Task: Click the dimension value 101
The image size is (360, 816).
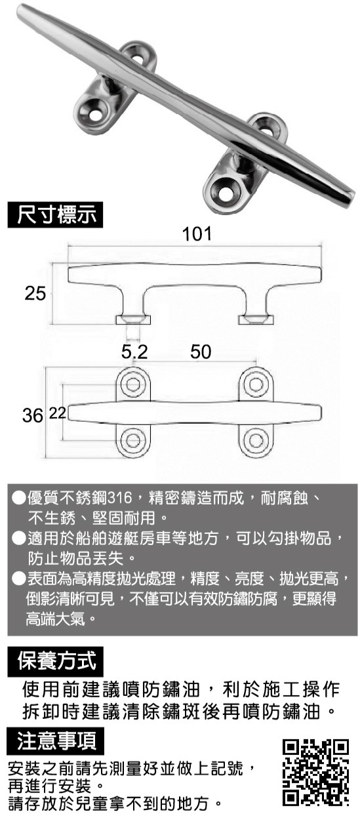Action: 197,234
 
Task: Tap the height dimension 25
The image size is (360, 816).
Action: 35,293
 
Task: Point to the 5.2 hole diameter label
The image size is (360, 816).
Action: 134,352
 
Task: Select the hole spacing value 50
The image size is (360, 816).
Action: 201,352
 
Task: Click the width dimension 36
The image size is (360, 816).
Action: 32,416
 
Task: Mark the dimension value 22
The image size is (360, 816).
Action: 57,413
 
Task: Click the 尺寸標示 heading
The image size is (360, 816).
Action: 55,214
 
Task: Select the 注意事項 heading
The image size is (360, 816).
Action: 55,741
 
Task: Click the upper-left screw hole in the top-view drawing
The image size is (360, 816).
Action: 134,384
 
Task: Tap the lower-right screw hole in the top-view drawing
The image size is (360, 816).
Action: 256,439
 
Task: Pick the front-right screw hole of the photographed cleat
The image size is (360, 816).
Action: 226,190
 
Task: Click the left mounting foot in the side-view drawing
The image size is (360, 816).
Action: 133,320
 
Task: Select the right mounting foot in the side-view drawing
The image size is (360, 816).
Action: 256,320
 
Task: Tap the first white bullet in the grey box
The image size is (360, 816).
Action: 18,498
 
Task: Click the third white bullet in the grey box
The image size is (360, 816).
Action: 18,578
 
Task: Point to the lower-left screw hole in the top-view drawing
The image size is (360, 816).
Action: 134,439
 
